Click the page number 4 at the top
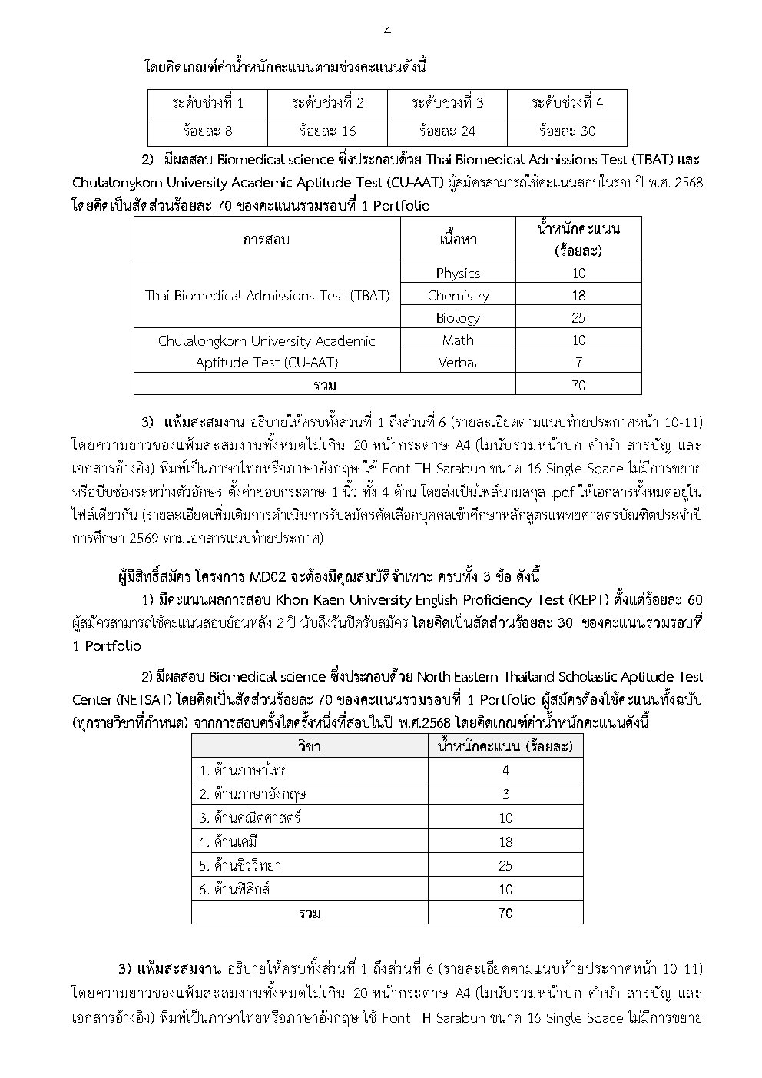tap(387, 32)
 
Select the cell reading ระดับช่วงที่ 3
tap(447, 103)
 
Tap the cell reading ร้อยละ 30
tap(567, 131)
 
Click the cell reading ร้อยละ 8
tap(207, 131)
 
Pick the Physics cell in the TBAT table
tap(458, 273)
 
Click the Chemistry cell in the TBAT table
tap(458, 295)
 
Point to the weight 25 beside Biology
tap(578, 317)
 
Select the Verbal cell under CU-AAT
tap(458, 362)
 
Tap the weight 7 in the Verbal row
tap(578, 362)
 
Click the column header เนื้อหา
tap(458, 239)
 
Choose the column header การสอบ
tap(267, 239)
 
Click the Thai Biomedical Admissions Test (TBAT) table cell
tap(267, 295)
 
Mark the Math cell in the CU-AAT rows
tap(458, 340)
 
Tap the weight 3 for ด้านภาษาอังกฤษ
tap(505, 794)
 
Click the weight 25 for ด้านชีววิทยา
tap(505, 865)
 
